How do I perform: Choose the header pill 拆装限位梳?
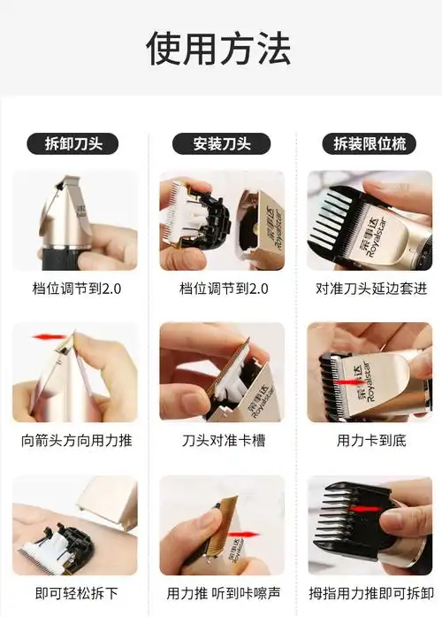coord(370,144)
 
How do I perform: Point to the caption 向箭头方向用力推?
coord(75,440)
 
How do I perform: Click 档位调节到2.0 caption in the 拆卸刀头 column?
coord(75,289)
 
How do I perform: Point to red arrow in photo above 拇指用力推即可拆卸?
coord(370,511)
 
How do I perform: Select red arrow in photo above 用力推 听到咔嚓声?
coord(240,535)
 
